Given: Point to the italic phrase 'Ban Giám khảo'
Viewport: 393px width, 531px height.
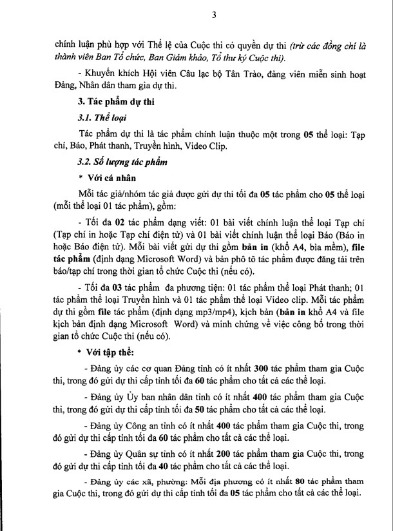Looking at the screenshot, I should (133, 55).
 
